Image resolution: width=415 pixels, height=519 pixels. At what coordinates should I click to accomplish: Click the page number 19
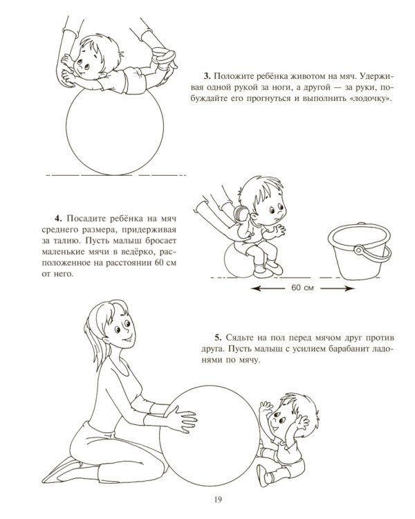click(217, 500)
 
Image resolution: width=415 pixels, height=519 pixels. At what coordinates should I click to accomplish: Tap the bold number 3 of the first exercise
click(207, 76)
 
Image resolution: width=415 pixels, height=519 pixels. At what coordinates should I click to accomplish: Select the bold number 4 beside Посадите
click(58, 219)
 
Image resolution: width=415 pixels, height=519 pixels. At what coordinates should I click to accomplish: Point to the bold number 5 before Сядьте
click(217, 338)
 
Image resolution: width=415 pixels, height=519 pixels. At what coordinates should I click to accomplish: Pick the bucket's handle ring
click(359, 250)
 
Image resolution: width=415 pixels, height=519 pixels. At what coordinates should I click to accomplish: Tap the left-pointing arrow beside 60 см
click(268, 289)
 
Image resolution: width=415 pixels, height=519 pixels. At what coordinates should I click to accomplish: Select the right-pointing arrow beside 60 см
click(338, 289)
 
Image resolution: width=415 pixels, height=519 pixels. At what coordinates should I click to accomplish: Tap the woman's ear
click(106, 341)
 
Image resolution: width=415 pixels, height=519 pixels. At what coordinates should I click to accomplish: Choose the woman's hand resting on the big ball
click(181, 419)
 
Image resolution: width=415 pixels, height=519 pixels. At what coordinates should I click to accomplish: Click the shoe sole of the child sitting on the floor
click(261, 475)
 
